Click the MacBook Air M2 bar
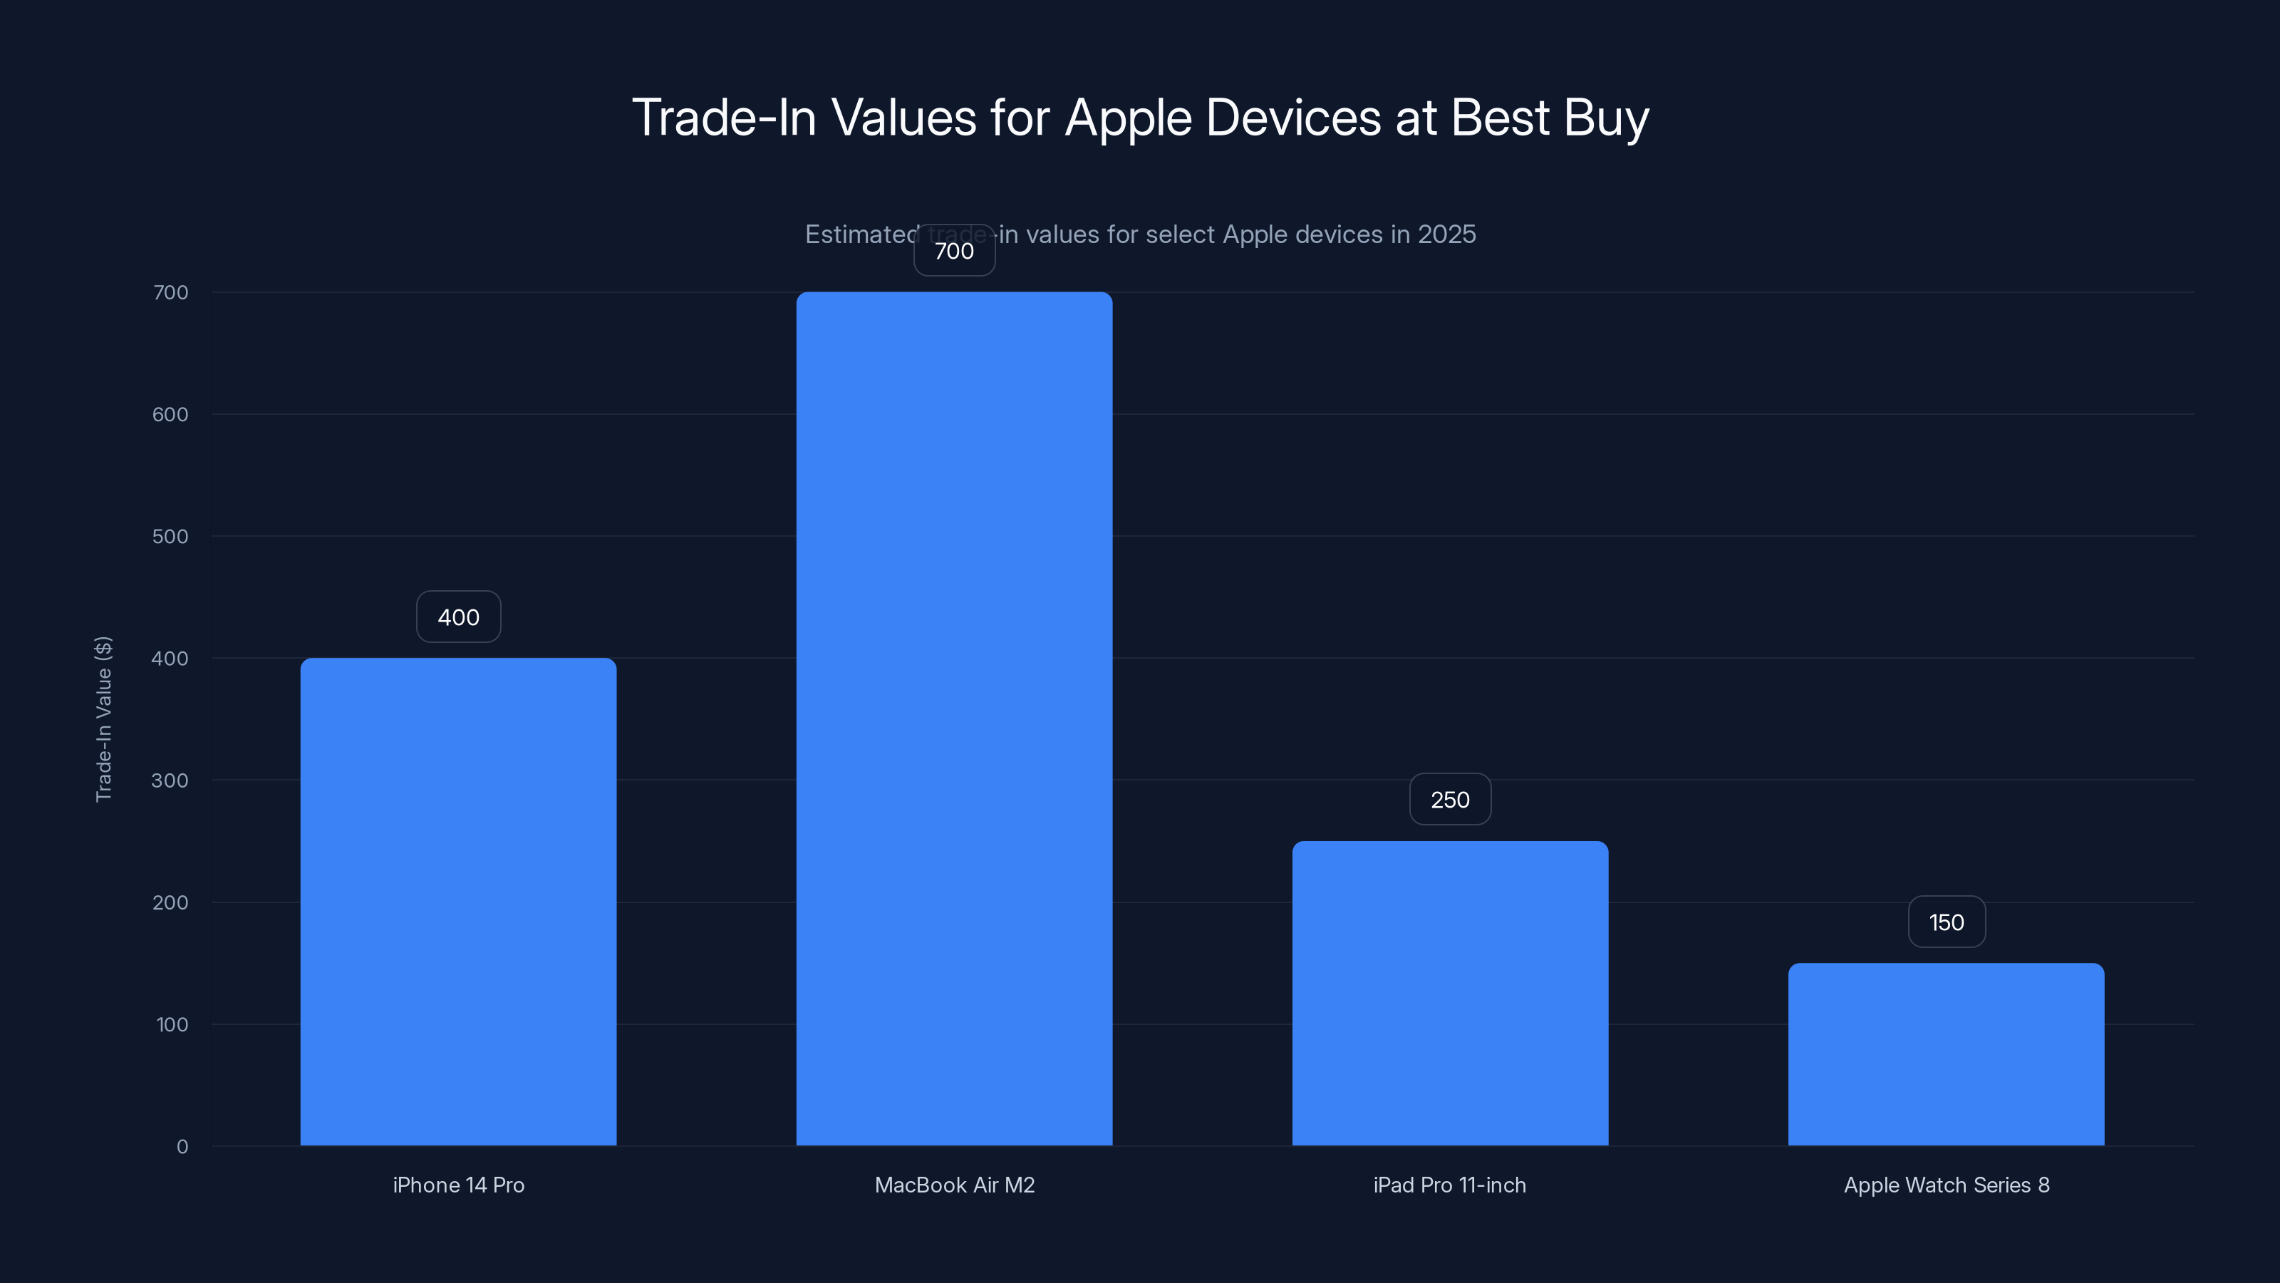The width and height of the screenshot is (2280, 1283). tap(954, 718)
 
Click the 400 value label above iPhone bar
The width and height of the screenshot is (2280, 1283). tap(458, 617)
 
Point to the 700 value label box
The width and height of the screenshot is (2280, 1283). tap(954, 251)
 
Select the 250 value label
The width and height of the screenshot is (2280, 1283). tap(1450, 800)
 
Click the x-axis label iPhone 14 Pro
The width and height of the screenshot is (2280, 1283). tap(458, 1185)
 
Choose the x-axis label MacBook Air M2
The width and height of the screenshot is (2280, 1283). tap(954, 1185)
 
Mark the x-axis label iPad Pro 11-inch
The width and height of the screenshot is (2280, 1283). tap(1450, 1185)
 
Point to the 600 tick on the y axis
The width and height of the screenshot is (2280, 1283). tap(170, 414)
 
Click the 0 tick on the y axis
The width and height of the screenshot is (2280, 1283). tap(182, 1147)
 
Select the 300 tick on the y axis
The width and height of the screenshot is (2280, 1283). tap(170, 780)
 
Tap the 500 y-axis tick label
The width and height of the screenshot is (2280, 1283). tap(170, 537)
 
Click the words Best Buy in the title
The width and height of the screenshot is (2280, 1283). tap(1549, 118)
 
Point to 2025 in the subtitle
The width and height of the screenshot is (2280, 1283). tap(1446, 235)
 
